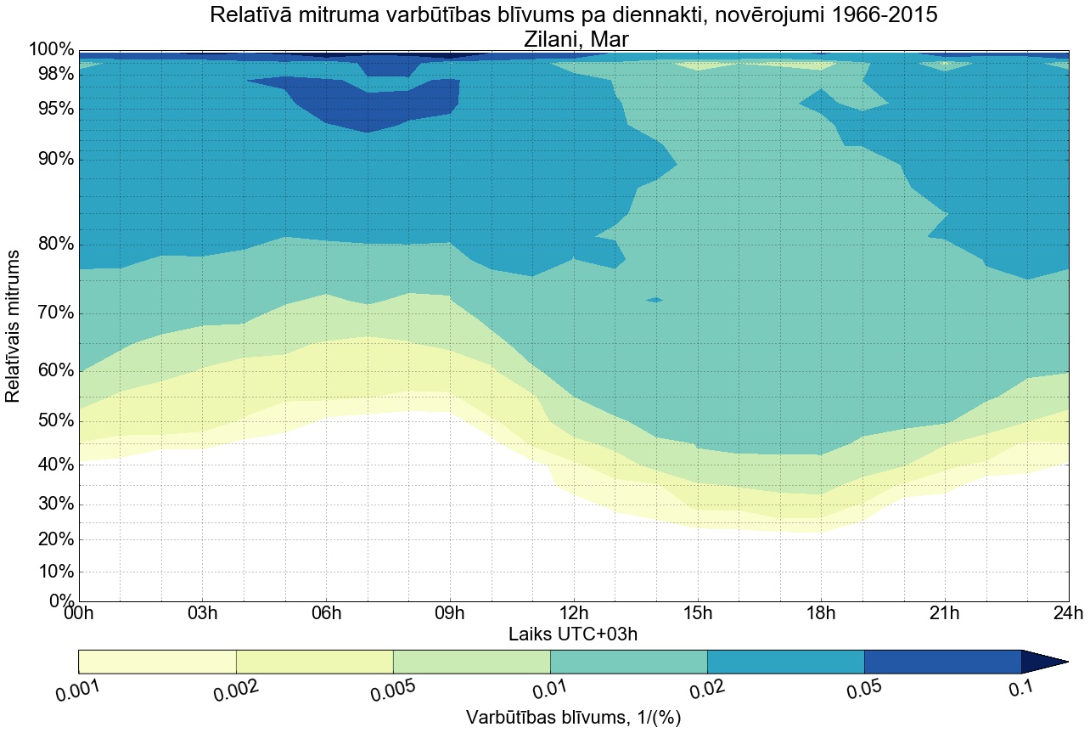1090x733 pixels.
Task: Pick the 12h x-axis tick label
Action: pos(574,613)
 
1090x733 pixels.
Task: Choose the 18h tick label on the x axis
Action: pos(821,613)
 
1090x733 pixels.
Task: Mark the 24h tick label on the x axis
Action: pos(1067,613)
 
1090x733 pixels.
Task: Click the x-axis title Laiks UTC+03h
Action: pos(572,634)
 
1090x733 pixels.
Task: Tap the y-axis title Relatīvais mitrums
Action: pos(14,326)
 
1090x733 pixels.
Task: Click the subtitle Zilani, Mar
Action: pos(573,38)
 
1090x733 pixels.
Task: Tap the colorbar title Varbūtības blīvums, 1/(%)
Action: pos(573,718)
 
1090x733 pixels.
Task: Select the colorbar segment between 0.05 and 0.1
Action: pos(942,662)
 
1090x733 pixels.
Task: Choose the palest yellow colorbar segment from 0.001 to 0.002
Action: pos(157,662)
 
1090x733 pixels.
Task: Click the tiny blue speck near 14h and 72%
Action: pos(655,300)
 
